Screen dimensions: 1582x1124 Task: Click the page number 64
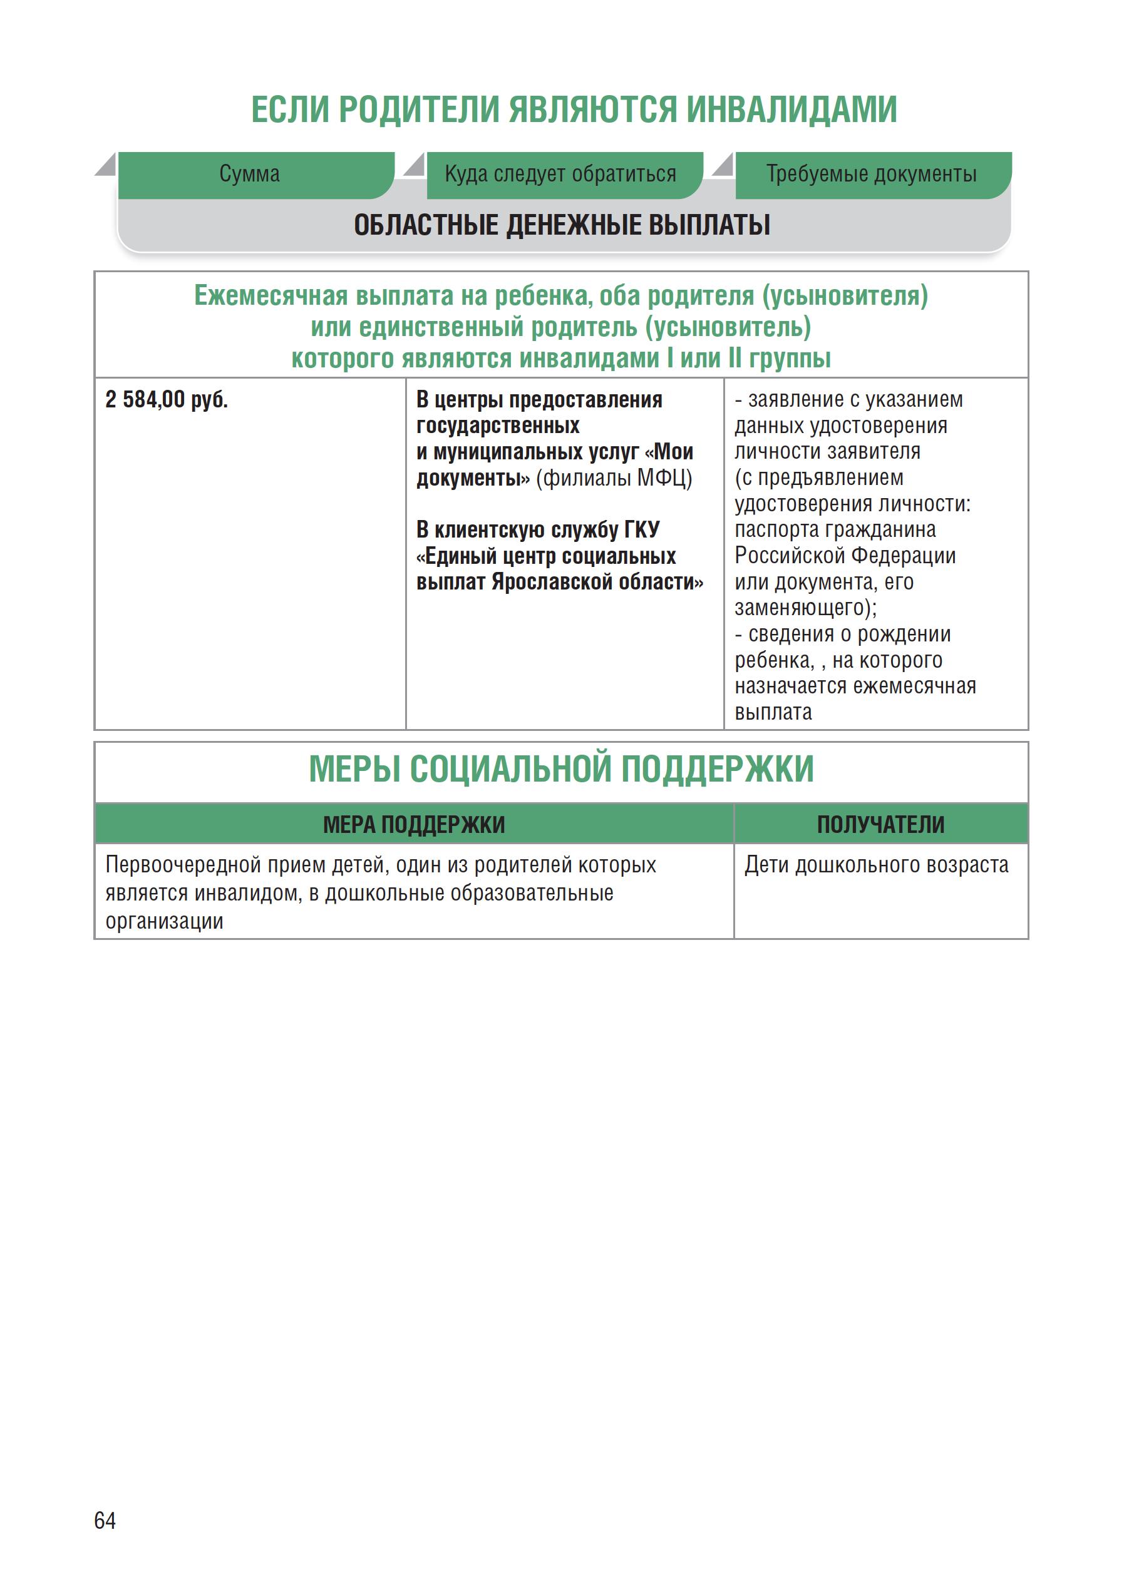pos(105,1520)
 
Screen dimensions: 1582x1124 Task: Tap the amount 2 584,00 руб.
pos(166,400)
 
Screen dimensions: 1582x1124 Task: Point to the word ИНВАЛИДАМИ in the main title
pos(791,110)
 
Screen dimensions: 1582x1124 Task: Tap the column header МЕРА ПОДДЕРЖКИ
pos(413,825)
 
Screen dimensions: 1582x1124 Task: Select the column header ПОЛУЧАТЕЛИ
pos(880,825)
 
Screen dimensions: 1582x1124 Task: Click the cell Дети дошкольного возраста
pos(876,865)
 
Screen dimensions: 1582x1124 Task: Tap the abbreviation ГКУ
pos(641,530)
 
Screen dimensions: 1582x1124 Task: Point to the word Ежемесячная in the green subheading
pos(271,296)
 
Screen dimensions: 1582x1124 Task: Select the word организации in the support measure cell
pos(164,921)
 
